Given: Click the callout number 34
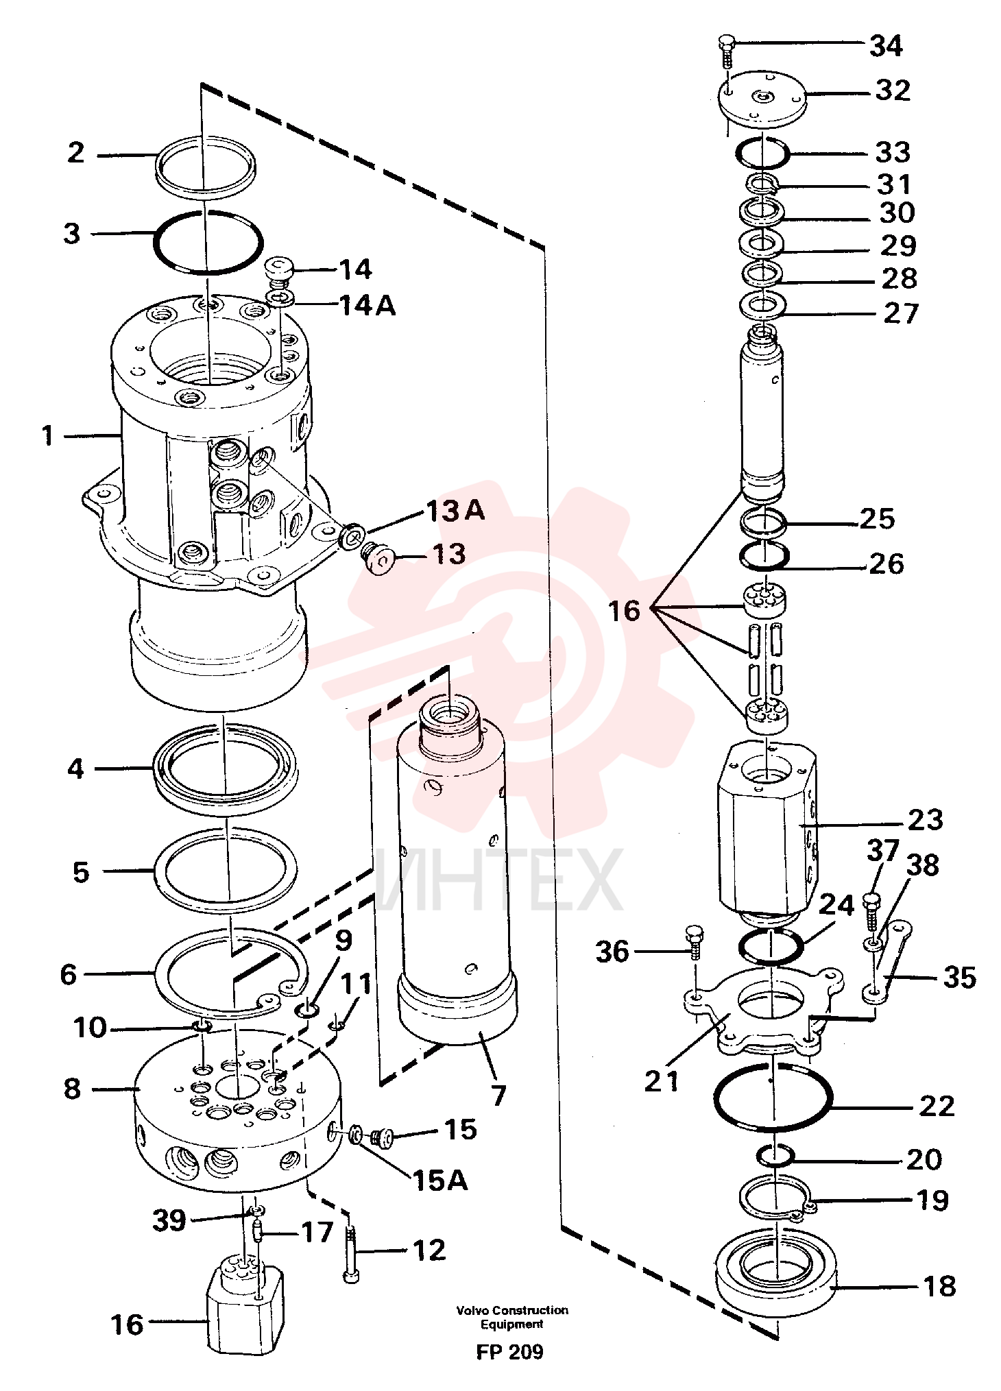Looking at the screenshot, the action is click(886, 46).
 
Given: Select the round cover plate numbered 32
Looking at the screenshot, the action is click(762, 98).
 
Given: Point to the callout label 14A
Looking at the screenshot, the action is click(367, 305).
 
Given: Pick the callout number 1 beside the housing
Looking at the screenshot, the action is click(47, 435).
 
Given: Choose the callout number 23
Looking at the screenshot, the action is click(925, 819).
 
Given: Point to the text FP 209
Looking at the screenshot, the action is click(510, 1351).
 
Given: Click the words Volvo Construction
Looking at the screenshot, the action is click(512, 1310).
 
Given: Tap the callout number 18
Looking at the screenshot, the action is click(939, 1287).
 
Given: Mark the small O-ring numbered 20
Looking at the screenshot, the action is click(775, 1155).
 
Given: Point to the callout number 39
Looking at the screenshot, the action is click(169, 1220).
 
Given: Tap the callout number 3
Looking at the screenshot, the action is click(73, 233).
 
